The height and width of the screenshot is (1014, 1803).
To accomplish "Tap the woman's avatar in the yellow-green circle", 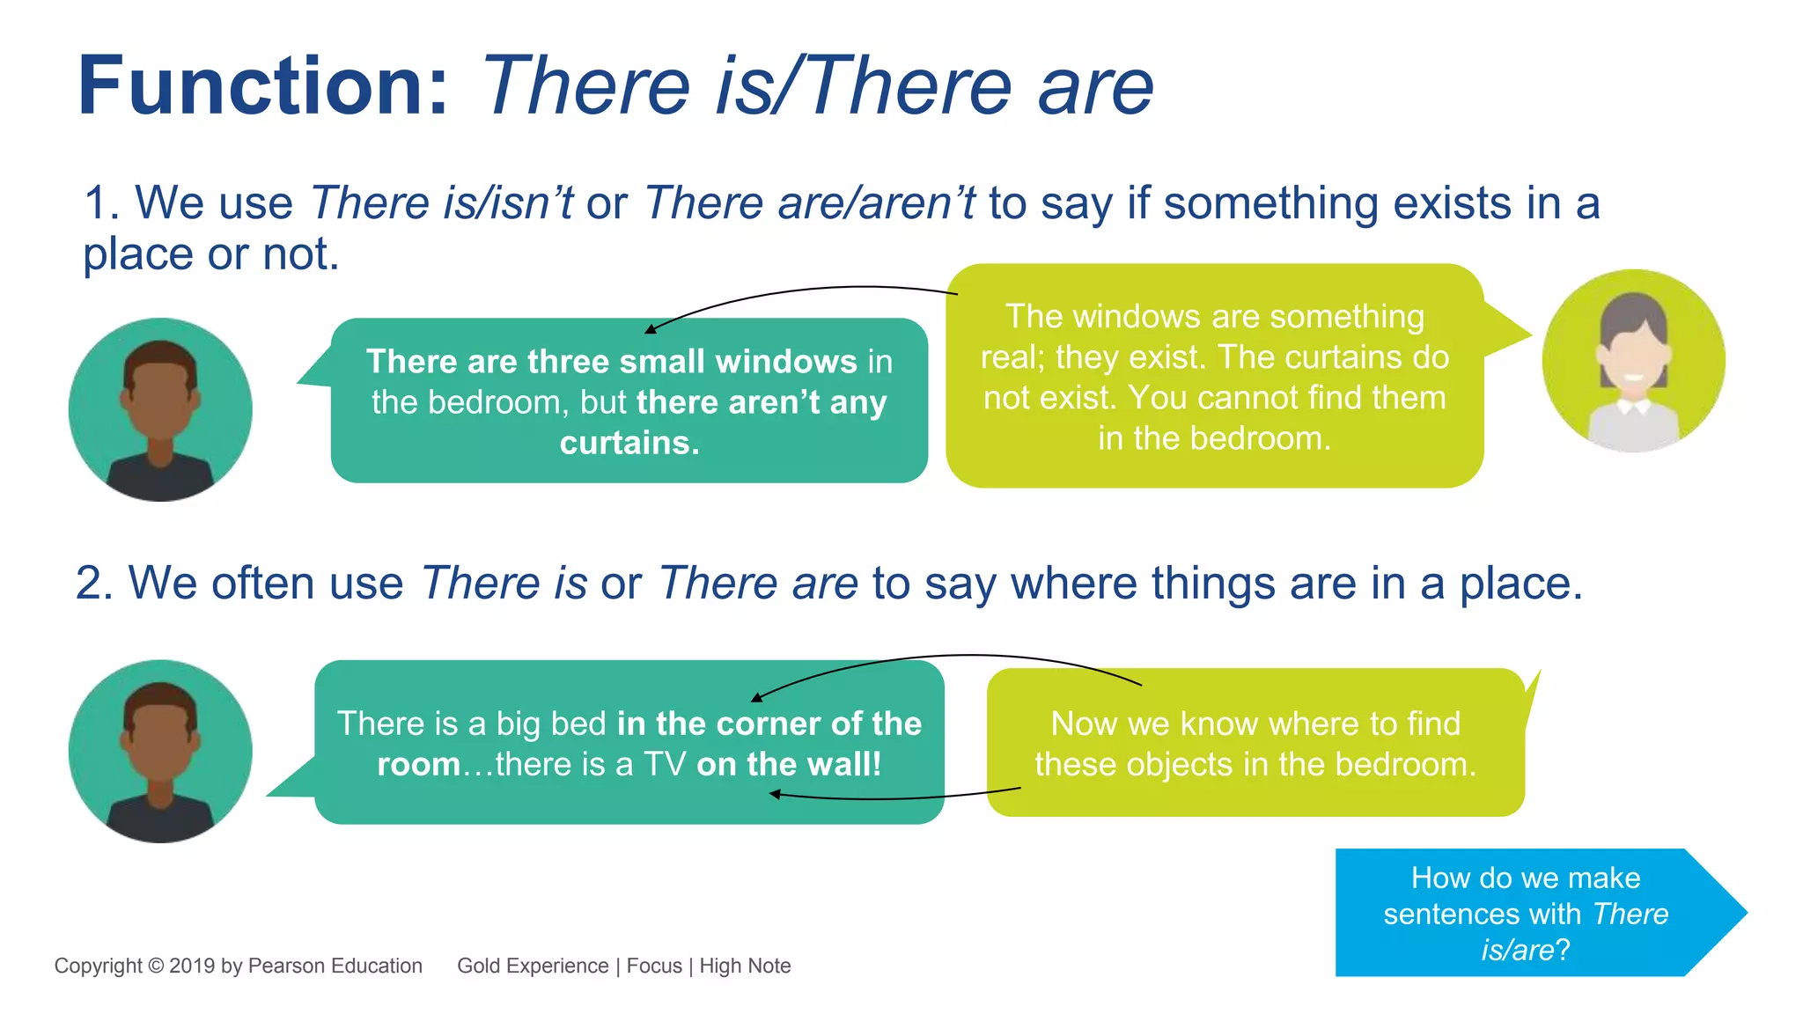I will click(1633, 361).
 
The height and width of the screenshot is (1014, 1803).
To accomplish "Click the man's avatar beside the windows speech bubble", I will click(160, 410).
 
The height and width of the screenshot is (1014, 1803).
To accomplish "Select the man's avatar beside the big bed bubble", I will click(160, 752).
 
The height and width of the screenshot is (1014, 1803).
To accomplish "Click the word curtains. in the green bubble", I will click(629, 443).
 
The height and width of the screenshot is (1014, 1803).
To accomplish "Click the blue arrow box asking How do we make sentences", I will click(1527, 914).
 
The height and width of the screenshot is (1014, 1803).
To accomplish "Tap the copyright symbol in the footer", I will click(156, 966).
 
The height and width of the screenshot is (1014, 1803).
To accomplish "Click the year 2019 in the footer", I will click(192, 966).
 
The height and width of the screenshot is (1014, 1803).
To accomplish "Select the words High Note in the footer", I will click(745, 966).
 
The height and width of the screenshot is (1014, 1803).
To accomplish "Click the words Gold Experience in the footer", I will click(533, 966).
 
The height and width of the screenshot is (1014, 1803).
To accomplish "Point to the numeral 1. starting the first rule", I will click(101, 203).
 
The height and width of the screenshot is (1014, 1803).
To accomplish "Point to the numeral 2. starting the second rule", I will click(94, 584).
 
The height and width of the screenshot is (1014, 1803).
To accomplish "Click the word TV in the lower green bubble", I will click(665, 764).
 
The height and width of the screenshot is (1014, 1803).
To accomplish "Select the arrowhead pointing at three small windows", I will click(651, 329).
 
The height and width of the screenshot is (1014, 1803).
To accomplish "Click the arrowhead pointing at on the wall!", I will click(775, 794).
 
